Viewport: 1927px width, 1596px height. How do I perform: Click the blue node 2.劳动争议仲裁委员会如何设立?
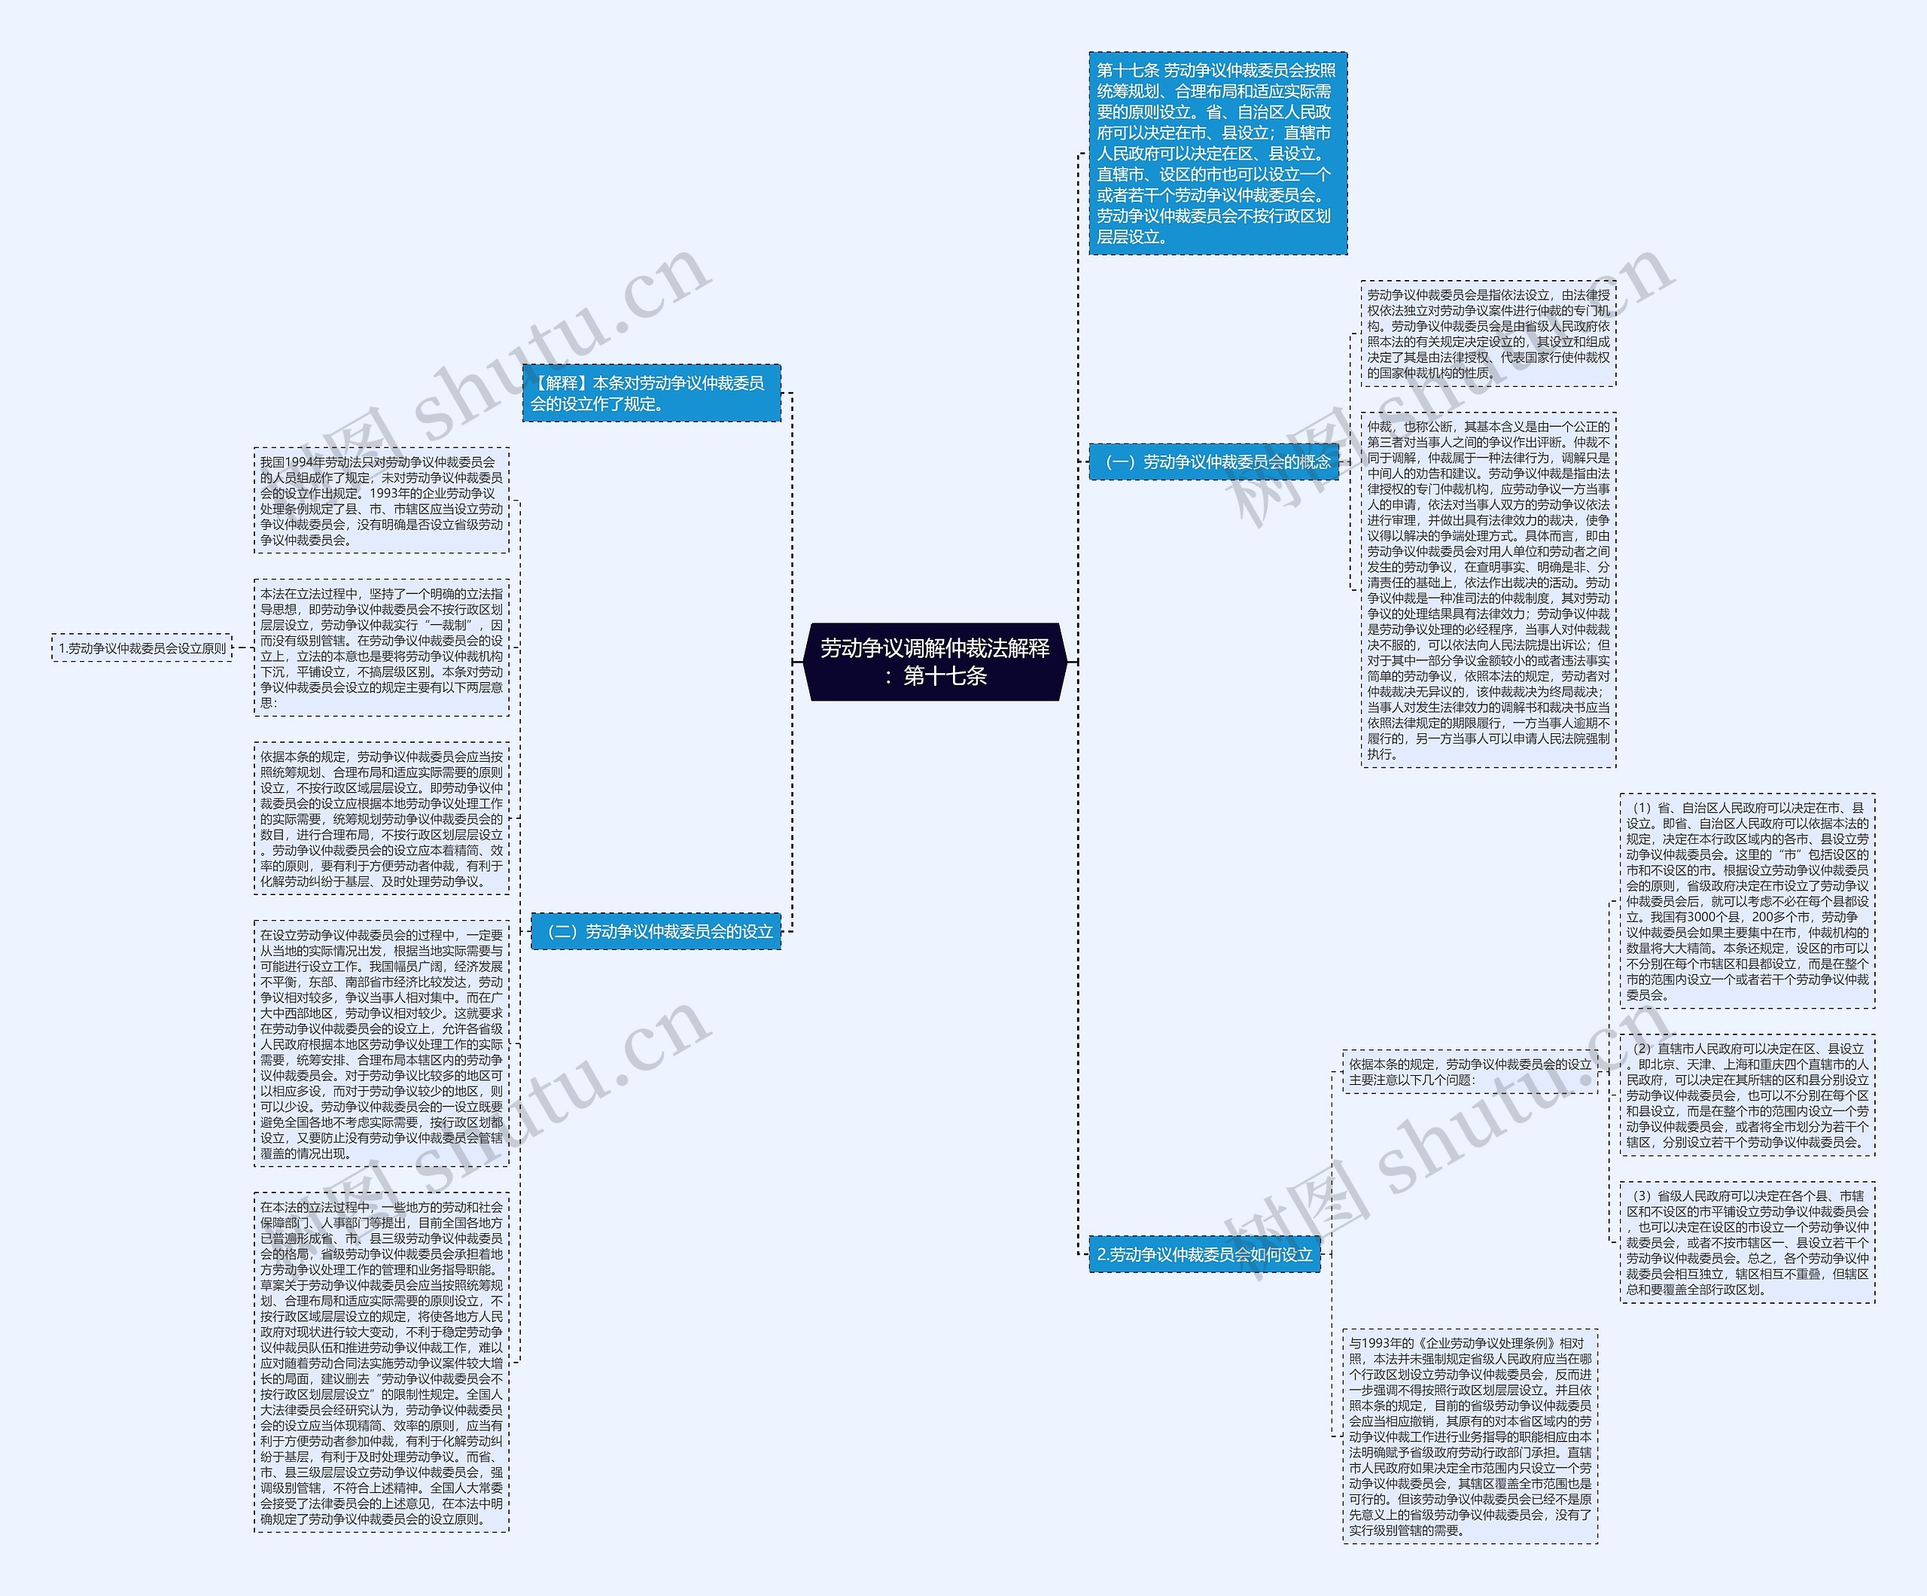1204,1253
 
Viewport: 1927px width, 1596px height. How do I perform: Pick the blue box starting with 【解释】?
650,394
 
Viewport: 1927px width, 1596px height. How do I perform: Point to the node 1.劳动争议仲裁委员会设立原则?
142,648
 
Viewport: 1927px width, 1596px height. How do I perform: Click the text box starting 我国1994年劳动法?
381,501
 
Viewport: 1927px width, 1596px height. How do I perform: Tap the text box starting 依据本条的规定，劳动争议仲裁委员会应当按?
381,818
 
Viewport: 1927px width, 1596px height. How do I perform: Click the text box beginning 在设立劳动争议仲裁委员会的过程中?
381,1043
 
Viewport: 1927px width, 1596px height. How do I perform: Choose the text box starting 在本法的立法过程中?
381,1363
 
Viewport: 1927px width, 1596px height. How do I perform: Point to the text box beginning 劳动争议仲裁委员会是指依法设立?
1487,334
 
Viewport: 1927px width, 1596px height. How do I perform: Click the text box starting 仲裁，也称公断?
1487,590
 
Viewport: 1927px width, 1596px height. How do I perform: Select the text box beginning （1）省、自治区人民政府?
1746,901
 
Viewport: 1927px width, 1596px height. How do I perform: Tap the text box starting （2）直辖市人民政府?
1746,1095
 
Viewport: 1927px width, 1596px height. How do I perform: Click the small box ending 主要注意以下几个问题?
1469,1072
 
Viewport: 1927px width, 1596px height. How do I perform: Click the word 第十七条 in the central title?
945,676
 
